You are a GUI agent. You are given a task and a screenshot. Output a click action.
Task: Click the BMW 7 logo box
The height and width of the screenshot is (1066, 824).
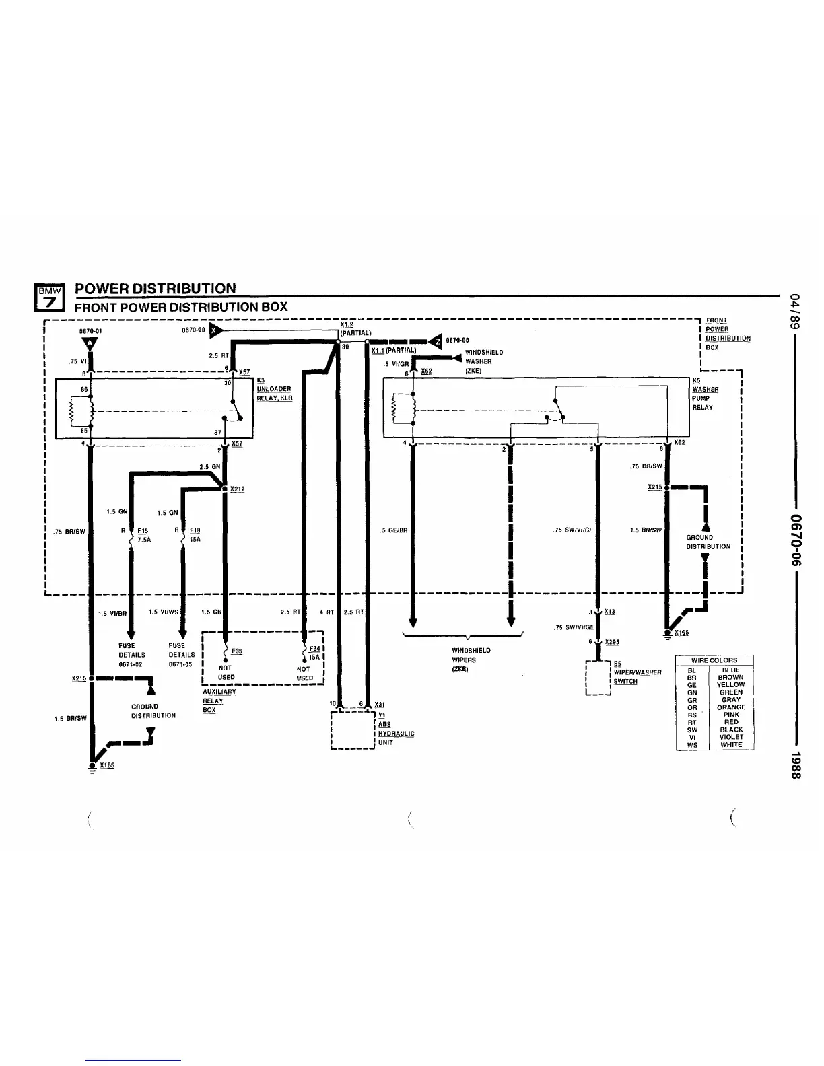49,297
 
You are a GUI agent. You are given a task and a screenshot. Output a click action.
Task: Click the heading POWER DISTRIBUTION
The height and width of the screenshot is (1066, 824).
156,289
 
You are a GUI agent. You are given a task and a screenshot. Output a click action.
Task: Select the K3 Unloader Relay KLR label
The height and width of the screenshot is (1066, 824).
274,390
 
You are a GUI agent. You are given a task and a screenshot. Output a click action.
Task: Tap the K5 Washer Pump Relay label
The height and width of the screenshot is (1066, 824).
705,394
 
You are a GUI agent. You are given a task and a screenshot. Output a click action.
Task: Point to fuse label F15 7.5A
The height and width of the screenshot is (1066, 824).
143,534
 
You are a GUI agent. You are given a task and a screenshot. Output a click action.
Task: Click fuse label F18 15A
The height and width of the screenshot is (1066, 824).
195,534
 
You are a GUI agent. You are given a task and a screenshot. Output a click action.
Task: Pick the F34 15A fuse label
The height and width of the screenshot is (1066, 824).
314,653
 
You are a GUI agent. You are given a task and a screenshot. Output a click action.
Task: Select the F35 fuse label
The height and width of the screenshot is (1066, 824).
236,651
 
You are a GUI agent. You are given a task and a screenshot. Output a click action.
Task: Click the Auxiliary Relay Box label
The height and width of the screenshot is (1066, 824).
219,701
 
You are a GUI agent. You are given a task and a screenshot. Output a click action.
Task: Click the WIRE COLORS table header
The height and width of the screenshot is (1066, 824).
714,660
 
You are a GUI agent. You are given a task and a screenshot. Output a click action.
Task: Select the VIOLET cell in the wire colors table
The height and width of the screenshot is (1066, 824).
730,737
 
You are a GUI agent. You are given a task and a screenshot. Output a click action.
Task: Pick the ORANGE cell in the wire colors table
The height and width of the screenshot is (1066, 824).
730,707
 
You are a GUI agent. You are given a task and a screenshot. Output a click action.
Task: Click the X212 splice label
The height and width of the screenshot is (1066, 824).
237,489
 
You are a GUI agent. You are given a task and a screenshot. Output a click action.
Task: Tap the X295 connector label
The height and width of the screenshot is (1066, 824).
612,642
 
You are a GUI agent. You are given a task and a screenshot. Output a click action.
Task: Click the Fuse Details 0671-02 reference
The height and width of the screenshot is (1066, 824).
131,655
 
